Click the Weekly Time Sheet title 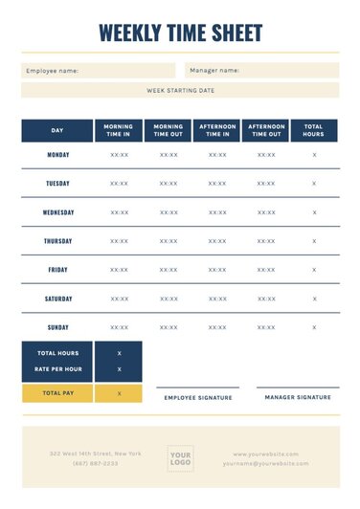point(180,33)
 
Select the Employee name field point(98,70)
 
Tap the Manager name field point(261,70)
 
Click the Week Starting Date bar point(180,90)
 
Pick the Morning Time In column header point(119,130)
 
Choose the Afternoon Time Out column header point(266,130)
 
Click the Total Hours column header point(314,130)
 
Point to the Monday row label point(57,154)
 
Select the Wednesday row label point(57,212)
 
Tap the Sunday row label point(57,327)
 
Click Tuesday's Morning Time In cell point(119,184)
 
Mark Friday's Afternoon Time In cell point(217,270)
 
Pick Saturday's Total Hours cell point(314,299)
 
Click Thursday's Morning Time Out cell point(169,241)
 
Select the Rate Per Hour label point(57,368)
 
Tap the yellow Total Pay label point(57,392)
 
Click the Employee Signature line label point(198,397)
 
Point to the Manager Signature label point(298,396)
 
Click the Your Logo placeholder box point(181,458)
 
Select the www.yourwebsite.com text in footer point(265,454)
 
